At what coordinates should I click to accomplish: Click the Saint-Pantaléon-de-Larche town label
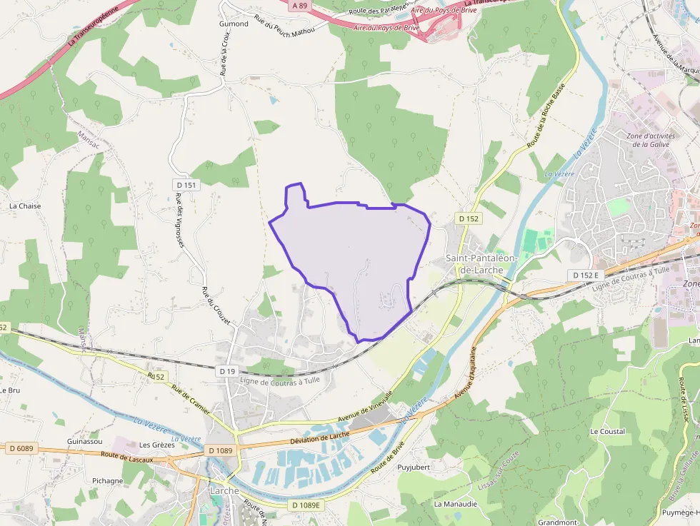[474, 264]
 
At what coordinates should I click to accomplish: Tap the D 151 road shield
[185, 185]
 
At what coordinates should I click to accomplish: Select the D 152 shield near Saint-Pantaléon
[469, 218]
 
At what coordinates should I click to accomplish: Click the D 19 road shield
[227, 371]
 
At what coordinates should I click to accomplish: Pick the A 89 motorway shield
[299, 5]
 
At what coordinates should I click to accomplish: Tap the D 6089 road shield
[21, 448]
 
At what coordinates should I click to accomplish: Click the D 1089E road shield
[307, 505]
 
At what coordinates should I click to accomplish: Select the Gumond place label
[234, 24]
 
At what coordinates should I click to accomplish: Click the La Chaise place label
[25, 206]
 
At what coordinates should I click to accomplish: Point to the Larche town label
[224, 491]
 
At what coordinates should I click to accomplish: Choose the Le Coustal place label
[607, 432]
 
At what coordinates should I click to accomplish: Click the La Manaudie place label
[454, 503]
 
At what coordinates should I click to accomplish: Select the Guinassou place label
[84, 441]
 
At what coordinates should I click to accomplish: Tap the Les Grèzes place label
[157, 445]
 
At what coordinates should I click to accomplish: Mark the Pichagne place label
[107, 481]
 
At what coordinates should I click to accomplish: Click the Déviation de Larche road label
[319, 437]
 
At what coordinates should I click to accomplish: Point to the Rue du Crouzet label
[216, 306]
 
